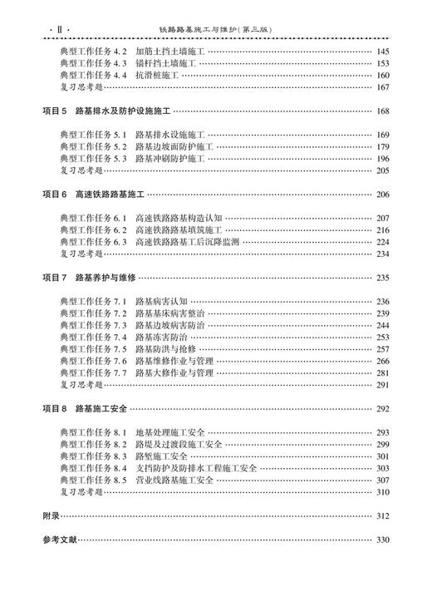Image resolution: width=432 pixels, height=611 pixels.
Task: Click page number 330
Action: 382,540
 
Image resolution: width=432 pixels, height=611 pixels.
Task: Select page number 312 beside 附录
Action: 382,516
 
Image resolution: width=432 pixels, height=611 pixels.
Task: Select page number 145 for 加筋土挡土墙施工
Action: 382,52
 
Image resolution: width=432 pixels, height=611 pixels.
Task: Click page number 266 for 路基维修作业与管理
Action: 382,361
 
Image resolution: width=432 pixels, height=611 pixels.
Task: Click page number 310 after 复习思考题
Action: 382,492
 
